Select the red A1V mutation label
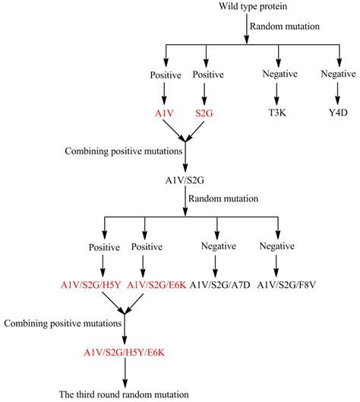166,112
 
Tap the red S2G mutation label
204,112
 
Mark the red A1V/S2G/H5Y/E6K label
125,353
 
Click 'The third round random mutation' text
124,394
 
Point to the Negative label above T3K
280,75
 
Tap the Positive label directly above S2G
204,75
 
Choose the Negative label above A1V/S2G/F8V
276,247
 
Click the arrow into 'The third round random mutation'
125,373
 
